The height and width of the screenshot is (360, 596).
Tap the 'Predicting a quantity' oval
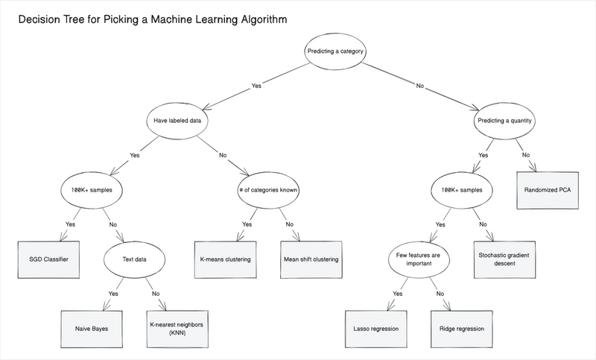[x=504, y=120]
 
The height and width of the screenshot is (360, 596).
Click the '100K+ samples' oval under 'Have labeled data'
[x=91, y=189]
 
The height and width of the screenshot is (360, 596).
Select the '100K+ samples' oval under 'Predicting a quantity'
[x=461, y=189]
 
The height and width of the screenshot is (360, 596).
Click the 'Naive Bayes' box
[x=91, y=328]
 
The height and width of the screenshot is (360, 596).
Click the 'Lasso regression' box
[x=374, y=328]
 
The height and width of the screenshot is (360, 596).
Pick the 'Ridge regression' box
[x=461, y=328]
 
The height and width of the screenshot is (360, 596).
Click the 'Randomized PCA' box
[x=548, y=189]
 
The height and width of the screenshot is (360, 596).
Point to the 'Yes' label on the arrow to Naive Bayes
[x=114, y=294]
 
